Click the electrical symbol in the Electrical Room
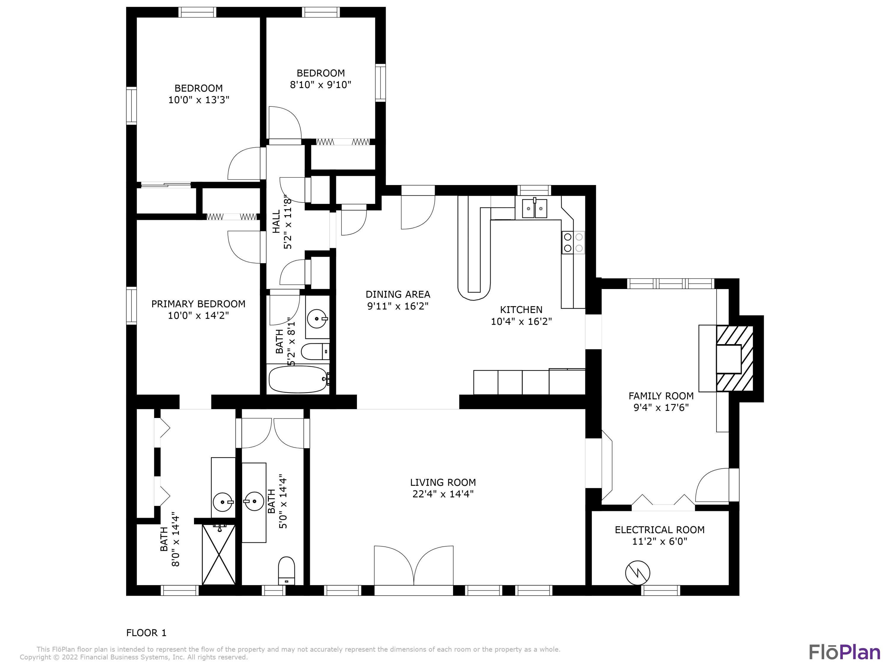pyautogui.click(x=638, y=572)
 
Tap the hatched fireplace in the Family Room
pyautogui.click(x=734, y=358)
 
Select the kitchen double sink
pyautogui.click(x=534, y=209)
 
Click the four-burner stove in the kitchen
pyautogui.click(x=573, y=242)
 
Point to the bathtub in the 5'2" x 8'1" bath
pyautogui.click(x=298, y=379)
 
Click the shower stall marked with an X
pyautogui.click(x=218, y=554)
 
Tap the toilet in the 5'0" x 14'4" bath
pyautogui.click(x=287, y=570)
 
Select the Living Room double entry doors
pyautogui.click(x=414, y=567)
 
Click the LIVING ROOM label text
pyautogui.click(x=443, y=482)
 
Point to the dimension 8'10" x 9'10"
pyautogui.click(x=320, y=85)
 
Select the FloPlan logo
pyautogui.click(x=844, y=652)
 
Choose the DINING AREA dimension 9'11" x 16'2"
pyautogui.click(x=398, y=306)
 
